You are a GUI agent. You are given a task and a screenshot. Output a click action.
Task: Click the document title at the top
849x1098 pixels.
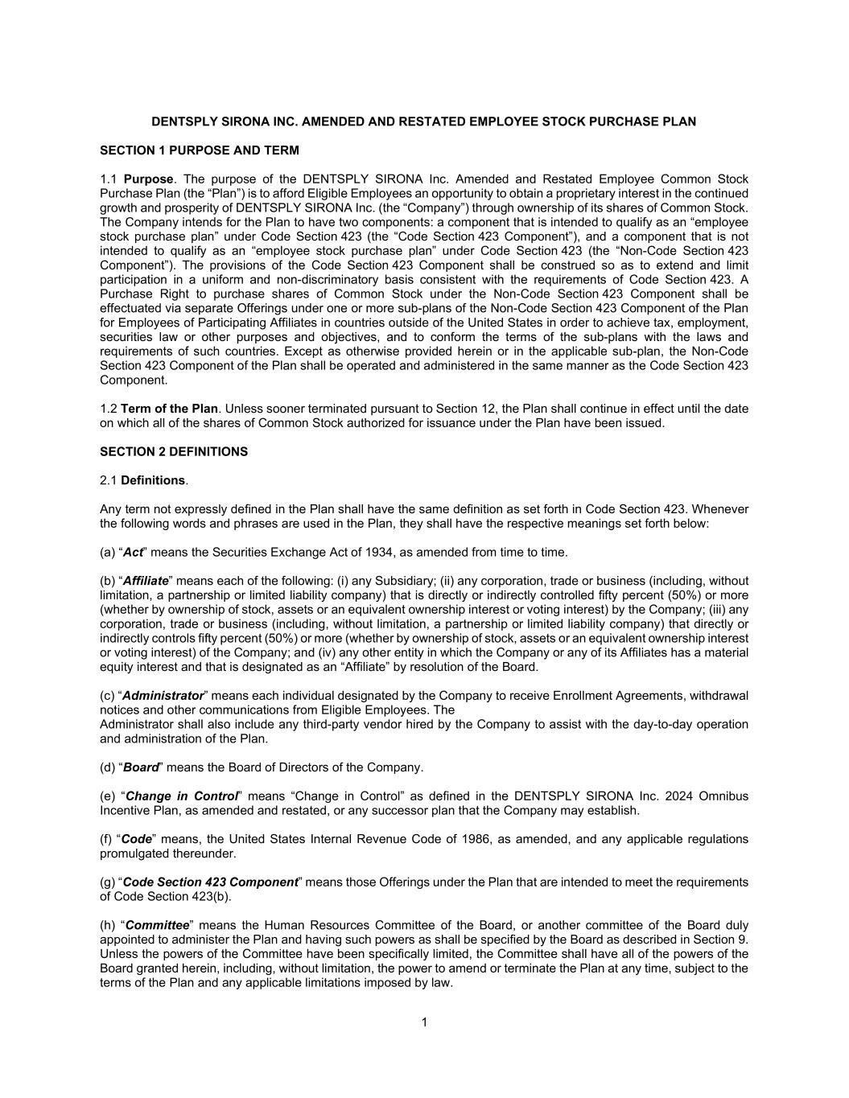pos(424,121)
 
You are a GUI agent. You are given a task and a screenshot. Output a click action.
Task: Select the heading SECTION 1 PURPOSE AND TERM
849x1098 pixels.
pos(199,150)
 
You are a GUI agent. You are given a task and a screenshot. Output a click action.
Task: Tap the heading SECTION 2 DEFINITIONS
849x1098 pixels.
pos(174,452)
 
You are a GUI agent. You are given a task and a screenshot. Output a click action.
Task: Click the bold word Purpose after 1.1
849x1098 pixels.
pos(148,179)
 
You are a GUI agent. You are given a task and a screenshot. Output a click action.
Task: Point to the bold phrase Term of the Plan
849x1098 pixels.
pos(169,409)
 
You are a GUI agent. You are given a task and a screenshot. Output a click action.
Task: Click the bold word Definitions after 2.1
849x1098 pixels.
pos(153,480)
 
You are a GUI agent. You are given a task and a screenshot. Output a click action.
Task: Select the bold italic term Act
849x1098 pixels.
pos(133,553)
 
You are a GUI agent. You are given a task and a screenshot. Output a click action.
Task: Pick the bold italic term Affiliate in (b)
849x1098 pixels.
pos(146,581)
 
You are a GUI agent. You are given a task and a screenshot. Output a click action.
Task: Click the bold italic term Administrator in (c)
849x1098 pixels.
pos(163,696)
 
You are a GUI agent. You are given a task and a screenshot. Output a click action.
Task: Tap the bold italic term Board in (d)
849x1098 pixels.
pos(140,767)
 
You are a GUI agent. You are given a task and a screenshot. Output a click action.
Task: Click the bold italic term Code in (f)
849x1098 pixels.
pos(137,839)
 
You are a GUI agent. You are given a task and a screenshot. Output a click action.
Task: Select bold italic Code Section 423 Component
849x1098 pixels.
pos(210,882)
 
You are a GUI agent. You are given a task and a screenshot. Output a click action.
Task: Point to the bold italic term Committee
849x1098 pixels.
pos(158,925)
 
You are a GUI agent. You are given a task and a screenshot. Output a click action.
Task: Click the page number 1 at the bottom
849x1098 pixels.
pos(424,1022)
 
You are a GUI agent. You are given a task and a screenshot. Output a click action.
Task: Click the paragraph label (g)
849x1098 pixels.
pos(109,882)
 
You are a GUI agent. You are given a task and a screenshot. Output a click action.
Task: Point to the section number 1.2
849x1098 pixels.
pos(109,409)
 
